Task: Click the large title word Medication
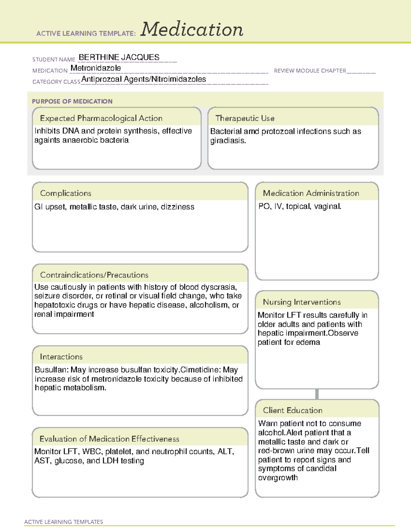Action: (x=192, y=29)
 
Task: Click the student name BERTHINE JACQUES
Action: (x=119, y=57)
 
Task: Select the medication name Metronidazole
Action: (x=96, y=68)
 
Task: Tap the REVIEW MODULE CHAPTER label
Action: (x=310, y=71)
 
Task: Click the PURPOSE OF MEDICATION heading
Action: (x=72, y=101)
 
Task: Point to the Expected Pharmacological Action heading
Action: (x=101, y=118)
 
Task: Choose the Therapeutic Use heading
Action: (x=245, y=118)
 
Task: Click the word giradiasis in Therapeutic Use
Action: (x=228, y=140)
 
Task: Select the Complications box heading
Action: (x=65, y=193)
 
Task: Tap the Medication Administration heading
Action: (x=311, y=193)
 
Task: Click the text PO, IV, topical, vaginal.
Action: (x=300, y=207)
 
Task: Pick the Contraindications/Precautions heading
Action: (x=94, y=275)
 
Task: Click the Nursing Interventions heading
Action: (x=301, y=302)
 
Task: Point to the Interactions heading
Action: (x=61, y=357)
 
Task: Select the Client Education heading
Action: (x=292, y=410)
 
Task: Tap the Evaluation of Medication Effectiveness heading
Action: (x=109, y=439)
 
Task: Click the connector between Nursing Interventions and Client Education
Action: (x=317, y=394)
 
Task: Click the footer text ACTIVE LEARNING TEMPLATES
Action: (x=63, y=522)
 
